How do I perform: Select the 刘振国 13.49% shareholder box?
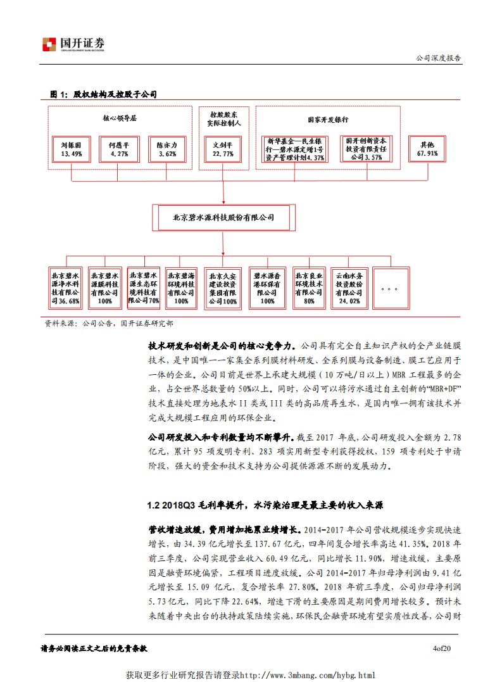[71, 149]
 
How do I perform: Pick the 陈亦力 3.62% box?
[167, 149]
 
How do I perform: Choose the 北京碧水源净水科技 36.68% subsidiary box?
[66, 288]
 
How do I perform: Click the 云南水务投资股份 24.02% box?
[348, 288]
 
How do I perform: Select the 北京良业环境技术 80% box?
[309, 288]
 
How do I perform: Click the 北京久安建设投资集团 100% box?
[222, 289]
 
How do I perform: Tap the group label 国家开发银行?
[328, 118]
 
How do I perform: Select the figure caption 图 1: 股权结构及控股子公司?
[103, 94]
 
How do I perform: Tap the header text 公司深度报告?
[438, 57]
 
